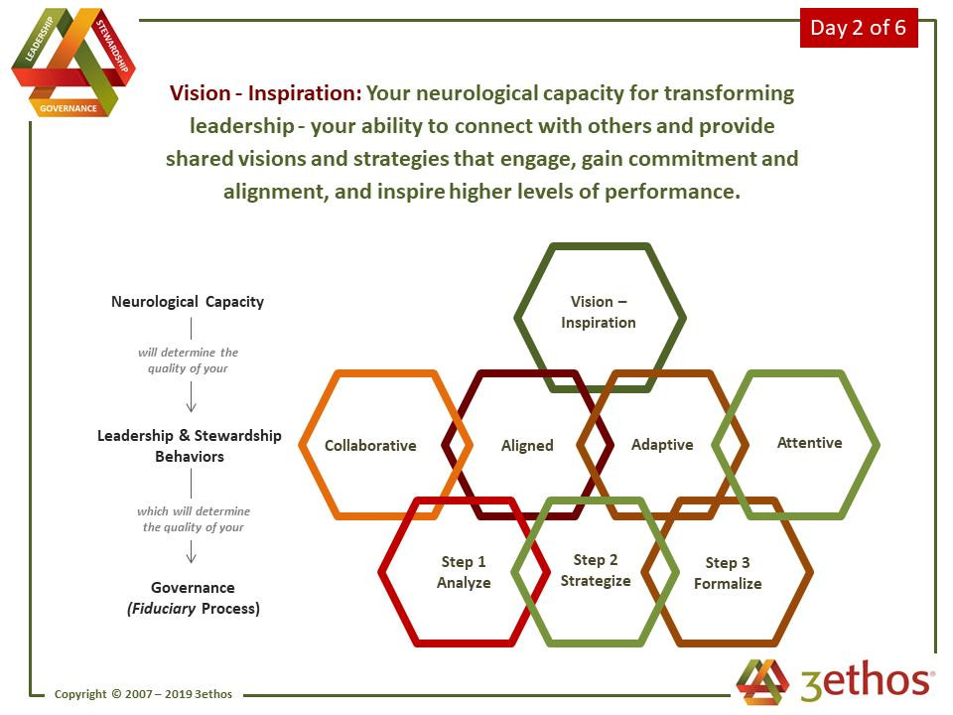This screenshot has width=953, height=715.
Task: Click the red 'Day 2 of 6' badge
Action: click(x=859, y=28)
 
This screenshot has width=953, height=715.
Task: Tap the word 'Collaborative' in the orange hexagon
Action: click(x=370, y=446)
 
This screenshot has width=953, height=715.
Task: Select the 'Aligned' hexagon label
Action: click(x=527, y=446)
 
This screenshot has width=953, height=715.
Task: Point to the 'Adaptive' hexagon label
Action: click(x=662, y=445)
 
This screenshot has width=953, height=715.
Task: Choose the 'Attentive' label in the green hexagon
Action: click(x=810, y=443)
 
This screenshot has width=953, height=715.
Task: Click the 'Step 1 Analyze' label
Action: click(x=464, y=572)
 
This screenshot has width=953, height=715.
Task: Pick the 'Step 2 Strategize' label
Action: click(x=596, y=570)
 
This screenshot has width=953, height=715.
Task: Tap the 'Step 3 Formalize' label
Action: click(x=728, y=573)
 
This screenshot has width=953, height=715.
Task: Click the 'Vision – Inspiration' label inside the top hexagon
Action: click(x=598, y=312)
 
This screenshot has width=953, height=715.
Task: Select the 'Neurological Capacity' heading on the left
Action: click(x=188, y=302)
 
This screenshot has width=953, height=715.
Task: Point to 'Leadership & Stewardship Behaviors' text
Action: click(x=189, y=446)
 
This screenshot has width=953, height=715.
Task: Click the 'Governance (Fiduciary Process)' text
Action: click(x=194, y=598)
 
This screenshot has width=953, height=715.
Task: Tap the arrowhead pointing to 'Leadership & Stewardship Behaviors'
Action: click(x=191, y=407)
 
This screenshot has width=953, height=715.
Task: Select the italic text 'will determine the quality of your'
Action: click(x=188, y=359)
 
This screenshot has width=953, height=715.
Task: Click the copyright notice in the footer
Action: click(x=143, y=694)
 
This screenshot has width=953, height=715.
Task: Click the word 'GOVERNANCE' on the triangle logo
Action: click(x=68, y=108)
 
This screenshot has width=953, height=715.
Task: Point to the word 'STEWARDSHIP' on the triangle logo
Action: click(x=112, y=46)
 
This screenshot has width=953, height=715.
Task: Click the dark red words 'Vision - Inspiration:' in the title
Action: click(x=266, y=93)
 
